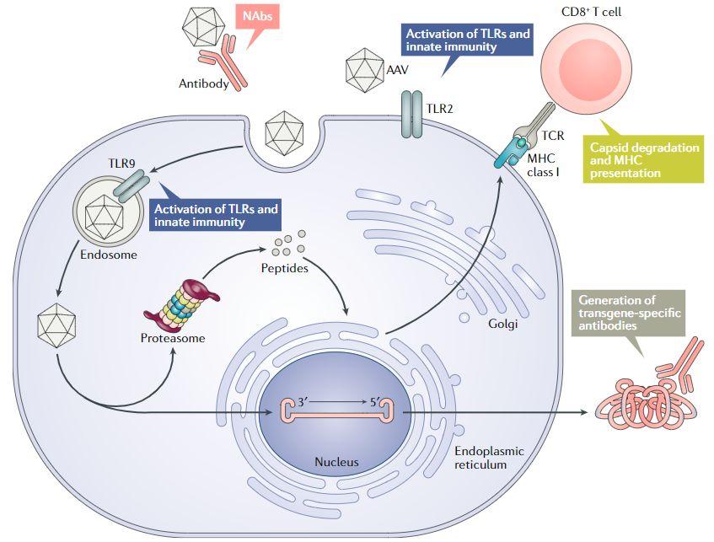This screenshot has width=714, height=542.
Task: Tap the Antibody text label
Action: pyautogui.click(x=204, y=83)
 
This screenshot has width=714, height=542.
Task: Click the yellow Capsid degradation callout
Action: pyautogui.click(x=644, y=159)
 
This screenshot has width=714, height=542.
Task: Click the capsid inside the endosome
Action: pyautogui.click(x=105, y=209)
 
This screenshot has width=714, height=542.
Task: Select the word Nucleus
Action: pyautogui.click(x=336, y=462)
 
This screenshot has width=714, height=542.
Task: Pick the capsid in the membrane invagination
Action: pyautogui.click(x=284, y=132)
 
